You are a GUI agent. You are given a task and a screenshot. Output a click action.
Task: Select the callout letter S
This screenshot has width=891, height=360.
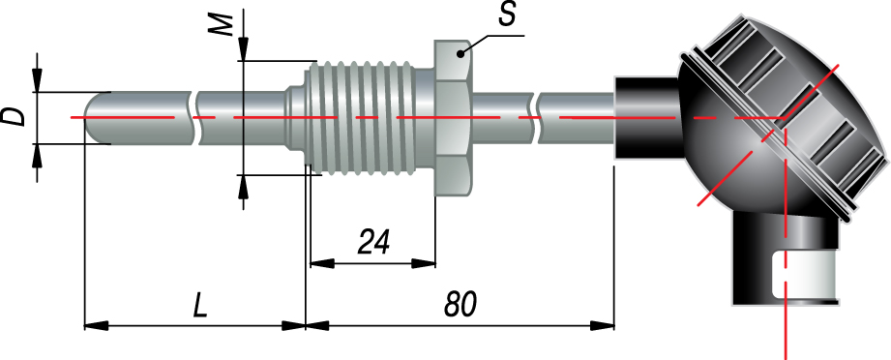pos(507,15)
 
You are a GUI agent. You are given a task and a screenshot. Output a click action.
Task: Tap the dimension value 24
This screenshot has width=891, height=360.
pos(373,243)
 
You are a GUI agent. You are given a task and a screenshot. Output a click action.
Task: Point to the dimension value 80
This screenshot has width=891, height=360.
pos(460,306)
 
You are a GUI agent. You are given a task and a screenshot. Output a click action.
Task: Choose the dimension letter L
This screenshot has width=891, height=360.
pos(200,307)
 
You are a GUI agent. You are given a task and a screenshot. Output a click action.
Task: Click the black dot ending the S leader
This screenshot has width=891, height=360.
pos(462,54)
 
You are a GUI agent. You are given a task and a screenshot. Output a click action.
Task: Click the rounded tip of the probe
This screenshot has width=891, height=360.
pos(91,118)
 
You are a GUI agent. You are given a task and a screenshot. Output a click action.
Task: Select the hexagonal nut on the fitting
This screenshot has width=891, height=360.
pos(452,118)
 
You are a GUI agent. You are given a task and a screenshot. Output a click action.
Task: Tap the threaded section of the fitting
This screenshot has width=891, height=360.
pos(364,118)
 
